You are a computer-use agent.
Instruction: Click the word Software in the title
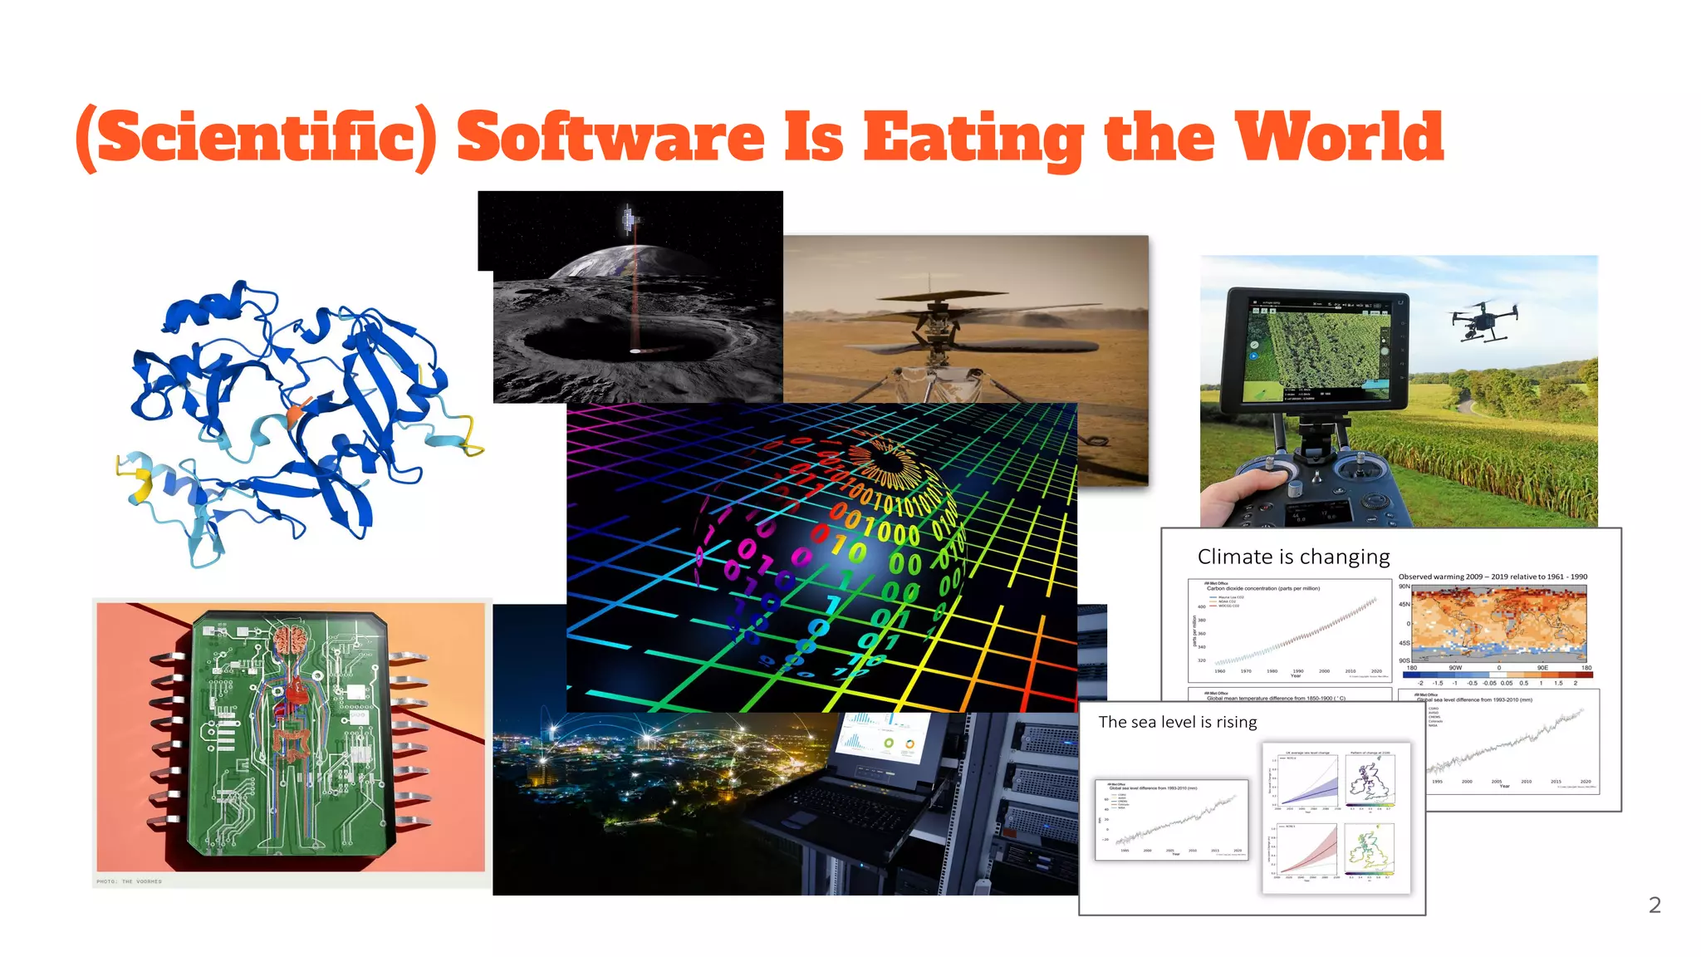pyautogui.click(x=610, y=137)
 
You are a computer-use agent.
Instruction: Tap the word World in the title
pyautogui.click(x=1339, y=137)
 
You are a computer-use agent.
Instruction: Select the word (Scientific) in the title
pyautogui.click(x=256, y=139)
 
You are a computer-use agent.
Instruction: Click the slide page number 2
pyautogui.click(x=1654, y=905)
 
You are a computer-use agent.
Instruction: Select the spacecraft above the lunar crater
pyautogui.click(x=630, y=219)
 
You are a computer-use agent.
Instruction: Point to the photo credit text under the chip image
pyautogui.click(x=129, y=881)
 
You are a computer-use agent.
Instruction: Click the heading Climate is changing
pyautogui.click(x=1293, y=557)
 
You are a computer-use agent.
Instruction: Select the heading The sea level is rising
pyautogui.click(x=1177, y=722)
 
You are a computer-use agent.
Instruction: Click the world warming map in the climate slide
pyautogui.click(x=1498, y=624)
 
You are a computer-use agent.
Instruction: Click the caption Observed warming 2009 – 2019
pyautogui.click(x=1492, y=577)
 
